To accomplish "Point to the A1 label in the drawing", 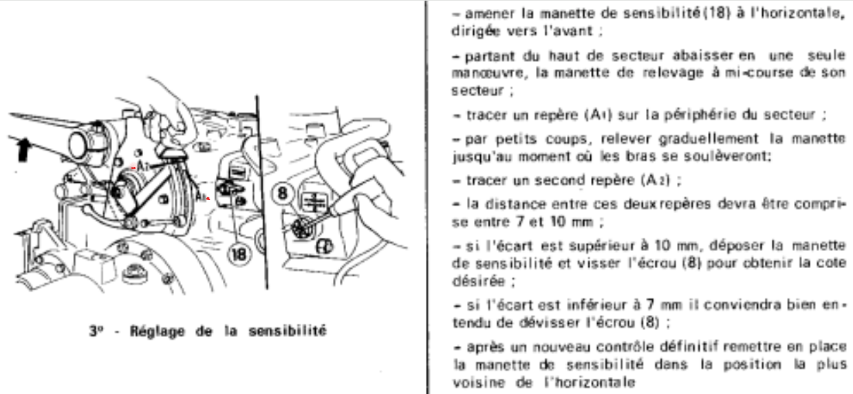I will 143,166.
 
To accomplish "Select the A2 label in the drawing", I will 201,197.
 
